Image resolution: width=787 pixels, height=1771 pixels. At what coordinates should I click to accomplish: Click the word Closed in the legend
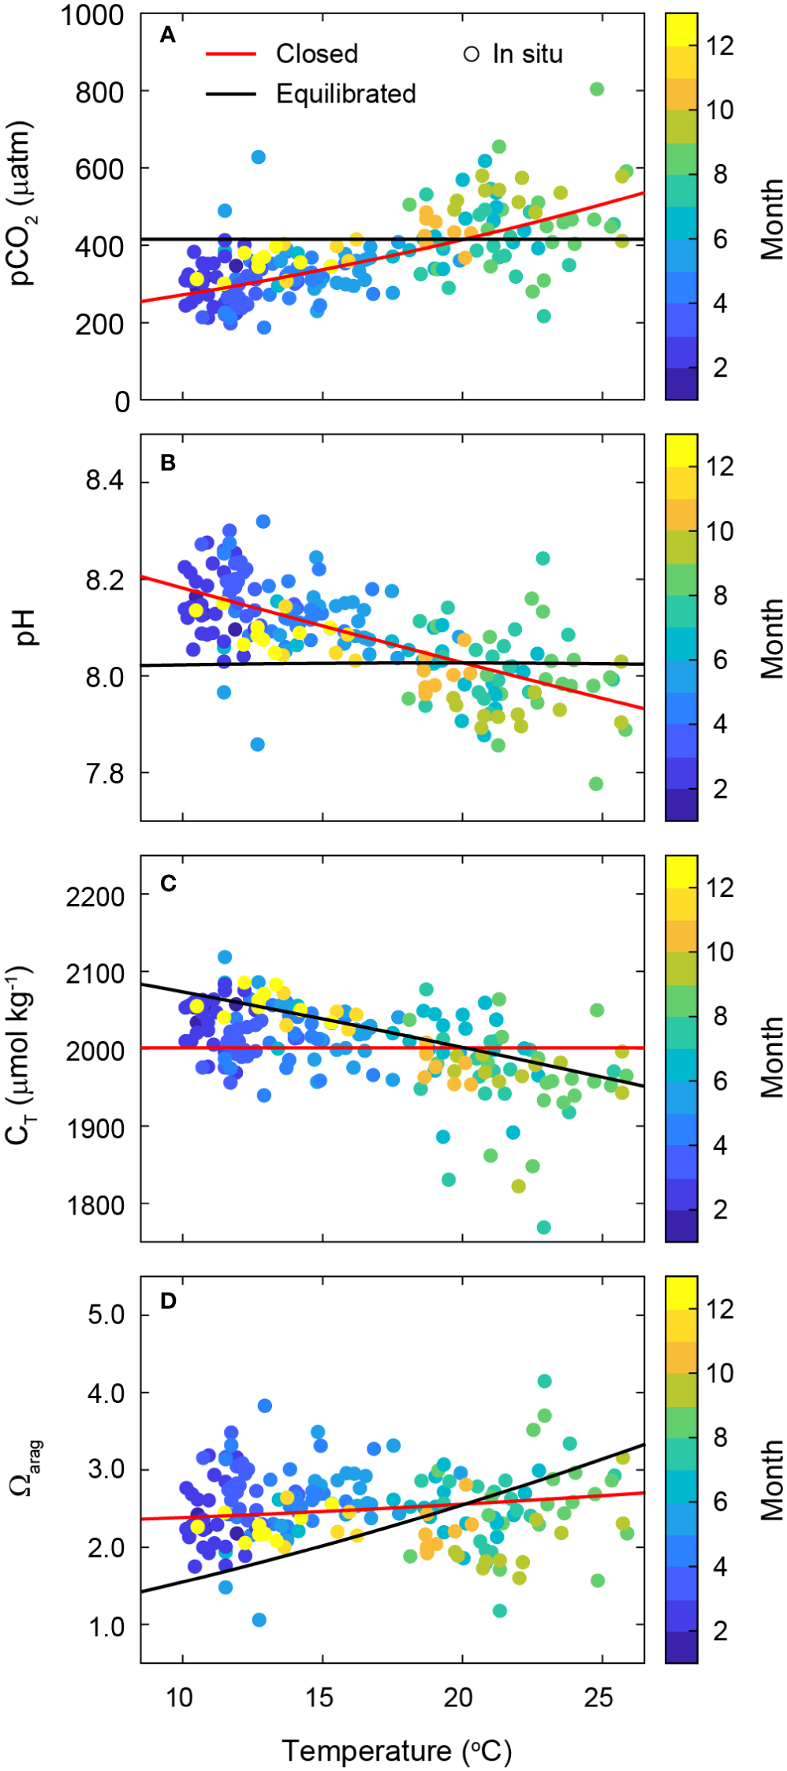point(316,54)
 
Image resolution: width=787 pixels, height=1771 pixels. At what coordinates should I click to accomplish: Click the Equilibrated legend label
point(345,94)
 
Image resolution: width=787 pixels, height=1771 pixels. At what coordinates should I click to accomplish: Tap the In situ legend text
point(527,54)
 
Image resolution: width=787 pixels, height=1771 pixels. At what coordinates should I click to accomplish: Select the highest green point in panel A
point(597,89)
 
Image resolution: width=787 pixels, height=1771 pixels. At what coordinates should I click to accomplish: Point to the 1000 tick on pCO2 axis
point(92,15)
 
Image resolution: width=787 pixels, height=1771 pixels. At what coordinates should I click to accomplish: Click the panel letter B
point(167,463)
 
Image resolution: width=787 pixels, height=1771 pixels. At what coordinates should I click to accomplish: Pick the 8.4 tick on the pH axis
point(105,481)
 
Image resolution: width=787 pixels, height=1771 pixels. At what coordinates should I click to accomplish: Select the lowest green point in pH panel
point(596,783)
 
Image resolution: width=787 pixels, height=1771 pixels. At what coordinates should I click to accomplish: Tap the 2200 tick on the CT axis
point(95,896)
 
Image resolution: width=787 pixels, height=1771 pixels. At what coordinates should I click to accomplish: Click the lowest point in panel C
point(543,1227)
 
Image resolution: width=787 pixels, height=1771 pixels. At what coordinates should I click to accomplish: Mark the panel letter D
point(168,1300)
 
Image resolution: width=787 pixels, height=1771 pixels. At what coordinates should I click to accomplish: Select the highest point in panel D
point(544,1381)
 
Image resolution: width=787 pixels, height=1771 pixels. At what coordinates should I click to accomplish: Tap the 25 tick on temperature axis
point(599,1698)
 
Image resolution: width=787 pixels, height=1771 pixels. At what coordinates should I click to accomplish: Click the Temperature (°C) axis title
point(397,1751)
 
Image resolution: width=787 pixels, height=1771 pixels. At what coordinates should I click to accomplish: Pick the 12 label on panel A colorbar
point(720,46)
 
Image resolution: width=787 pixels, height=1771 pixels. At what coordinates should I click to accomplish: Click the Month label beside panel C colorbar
point(772,1057)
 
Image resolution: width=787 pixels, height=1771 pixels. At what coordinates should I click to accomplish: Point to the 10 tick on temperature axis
point(179,1698)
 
